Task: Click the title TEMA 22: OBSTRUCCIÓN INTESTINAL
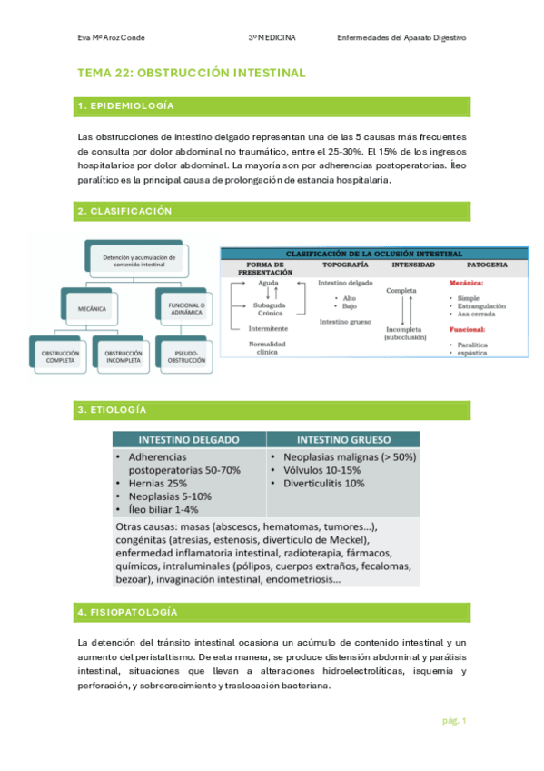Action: [x=192, y=73]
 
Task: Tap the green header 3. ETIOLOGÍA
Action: [x=113, y=410]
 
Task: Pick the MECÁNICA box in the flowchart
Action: [x=92, y=309]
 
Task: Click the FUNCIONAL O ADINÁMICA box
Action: [x=187, y=309]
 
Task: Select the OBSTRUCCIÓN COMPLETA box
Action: [x=61, y=356]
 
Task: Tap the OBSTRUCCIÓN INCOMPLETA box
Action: [x=124, y=356]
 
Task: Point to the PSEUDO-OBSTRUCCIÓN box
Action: [x=187, y=356]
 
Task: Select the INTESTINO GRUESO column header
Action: [x=342, y=438]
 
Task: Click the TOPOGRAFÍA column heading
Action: [x=345, y=265]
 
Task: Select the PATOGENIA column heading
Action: [x=487, y=265]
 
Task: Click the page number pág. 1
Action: [x=455, y=721]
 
